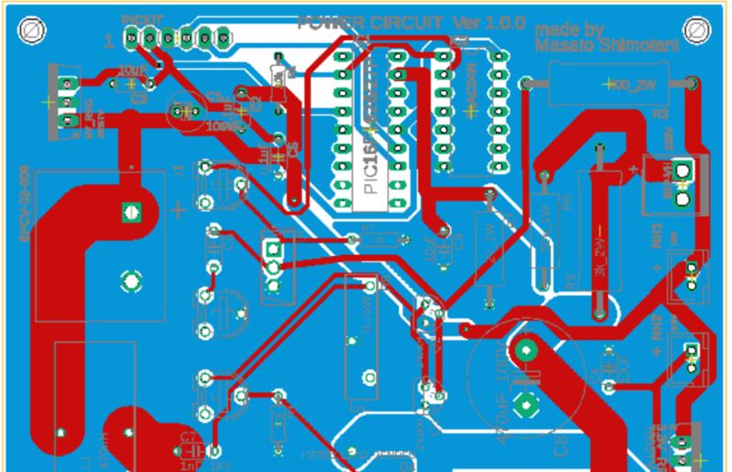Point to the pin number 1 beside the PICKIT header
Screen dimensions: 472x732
coord(110,39)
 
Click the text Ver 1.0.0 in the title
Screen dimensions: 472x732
coord(486,23)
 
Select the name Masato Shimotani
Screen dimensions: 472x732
coord(595,44)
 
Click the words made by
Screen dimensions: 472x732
coord(569,29)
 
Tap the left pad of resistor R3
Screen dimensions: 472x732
coord(527,84)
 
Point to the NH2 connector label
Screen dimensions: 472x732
coord(658,326)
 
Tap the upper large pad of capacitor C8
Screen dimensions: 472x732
coord(526,349)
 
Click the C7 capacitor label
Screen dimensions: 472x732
coord(188,436)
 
